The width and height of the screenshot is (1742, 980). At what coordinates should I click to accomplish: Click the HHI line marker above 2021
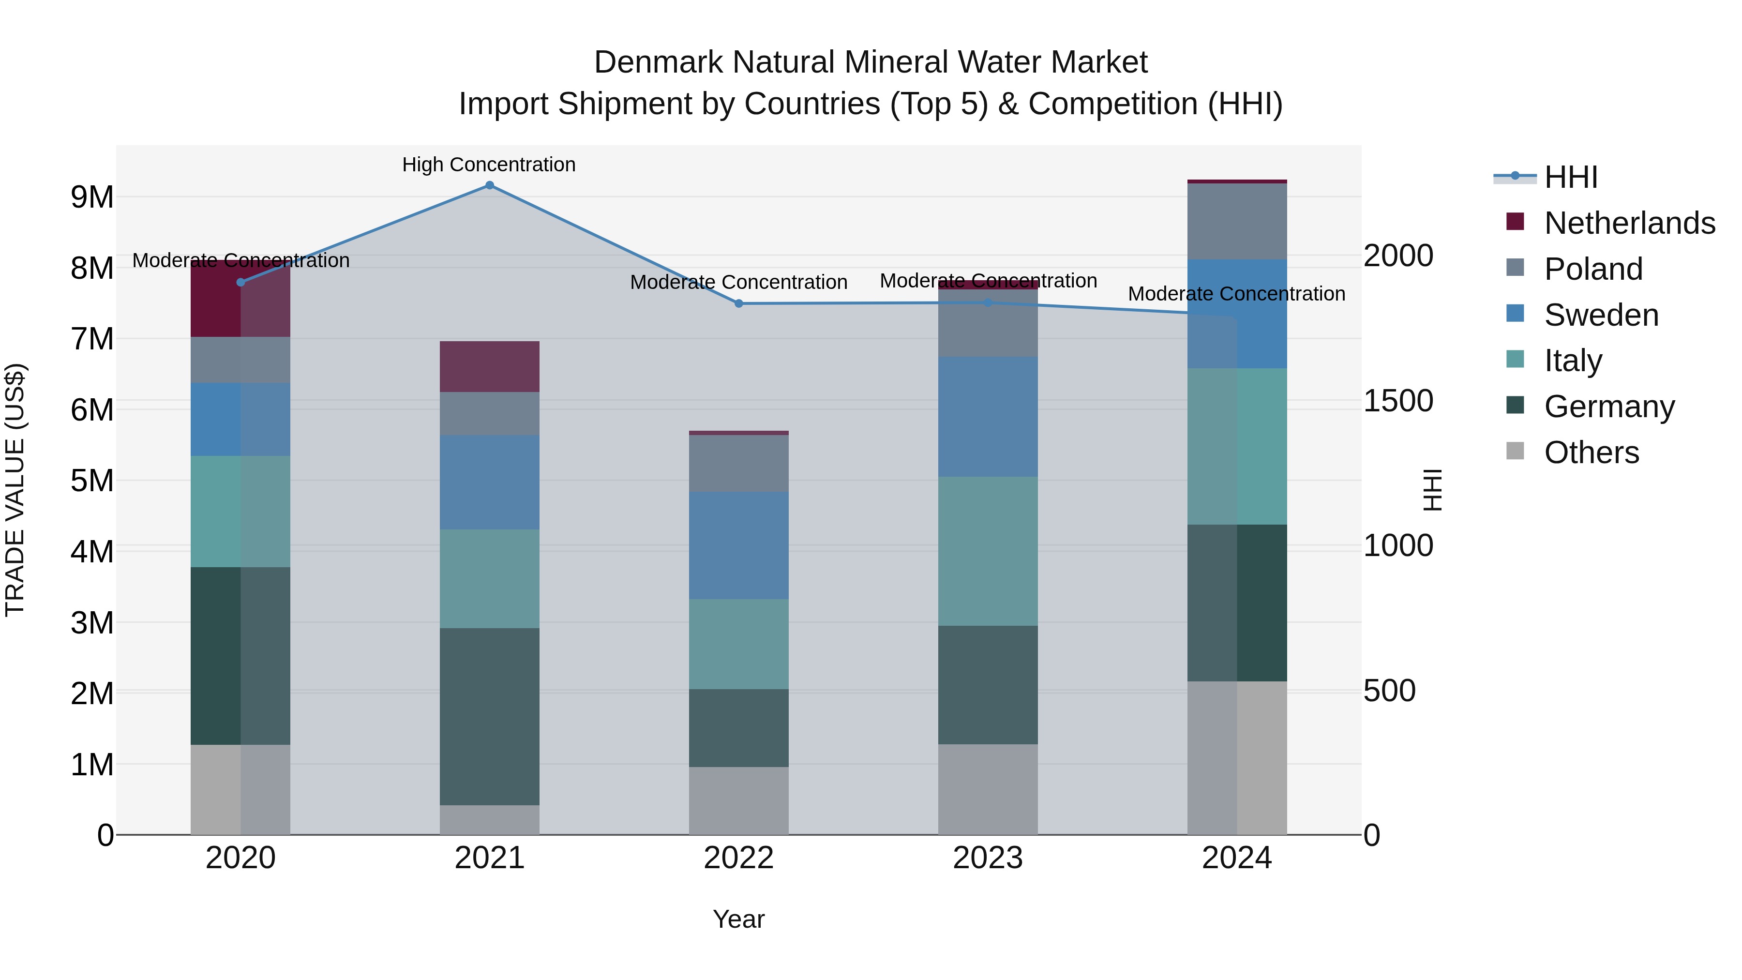(x=490, y=185)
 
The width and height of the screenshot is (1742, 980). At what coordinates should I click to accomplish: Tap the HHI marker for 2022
(x=738, y=303)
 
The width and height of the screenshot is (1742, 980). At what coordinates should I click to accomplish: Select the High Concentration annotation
(x=488, y=165)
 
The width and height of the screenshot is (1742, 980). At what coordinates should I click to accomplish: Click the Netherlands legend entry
(x=1630, y=223)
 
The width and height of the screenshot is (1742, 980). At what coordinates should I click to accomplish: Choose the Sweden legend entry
(x=1601, y=315)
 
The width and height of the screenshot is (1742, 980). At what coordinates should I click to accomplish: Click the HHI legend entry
(x=1570, y=177)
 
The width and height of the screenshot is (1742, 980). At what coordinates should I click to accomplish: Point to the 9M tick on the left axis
(x=92, y=197)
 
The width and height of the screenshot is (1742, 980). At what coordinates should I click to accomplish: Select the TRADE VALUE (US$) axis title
(x=15, y=490)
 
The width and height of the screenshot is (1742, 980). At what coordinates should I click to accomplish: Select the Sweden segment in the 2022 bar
(x=738, y=545)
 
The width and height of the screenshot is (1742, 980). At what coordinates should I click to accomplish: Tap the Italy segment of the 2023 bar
(x=987, y=551)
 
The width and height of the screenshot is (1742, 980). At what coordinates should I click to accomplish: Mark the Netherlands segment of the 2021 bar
(x=490, y=366)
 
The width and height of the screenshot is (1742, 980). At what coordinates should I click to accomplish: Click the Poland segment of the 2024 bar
(x=1237, y=221)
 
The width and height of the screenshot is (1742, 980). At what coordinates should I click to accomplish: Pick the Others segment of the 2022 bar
(x=738, y=801)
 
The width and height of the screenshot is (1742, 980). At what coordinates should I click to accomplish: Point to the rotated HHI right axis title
(x=1432, y=490)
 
